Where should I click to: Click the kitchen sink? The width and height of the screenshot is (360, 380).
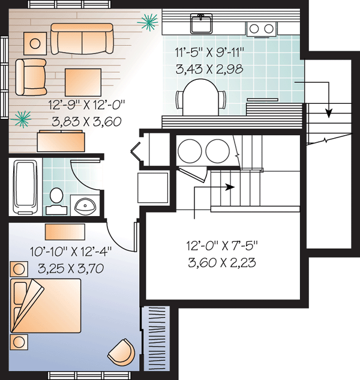pos(201,23)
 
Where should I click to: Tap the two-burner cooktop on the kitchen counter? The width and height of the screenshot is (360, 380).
pos(262,29)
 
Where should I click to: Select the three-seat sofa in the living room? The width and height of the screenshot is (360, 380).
pos(82,38)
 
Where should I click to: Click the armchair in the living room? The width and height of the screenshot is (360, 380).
pos(31,77)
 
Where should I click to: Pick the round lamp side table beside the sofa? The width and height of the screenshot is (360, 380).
pos(35,44)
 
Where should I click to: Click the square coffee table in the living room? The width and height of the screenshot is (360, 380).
pos(83,82)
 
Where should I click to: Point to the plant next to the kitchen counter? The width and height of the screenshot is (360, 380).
pos(148,22)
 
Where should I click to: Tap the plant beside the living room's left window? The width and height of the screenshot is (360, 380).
pos(22,119)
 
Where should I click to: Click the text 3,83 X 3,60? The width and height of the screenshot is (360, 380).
pos(86,122)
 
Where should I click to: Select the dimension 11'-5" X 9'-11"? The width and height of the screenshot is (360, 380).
pos(209,52)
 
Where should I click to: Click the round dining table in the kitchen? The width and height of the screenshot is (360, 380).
pos(200,97)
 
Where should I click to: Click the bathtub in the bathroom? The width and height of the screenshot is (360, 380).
pos(25,187)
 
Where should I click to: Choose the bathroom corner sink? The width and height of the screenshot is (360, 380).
pos(85,206)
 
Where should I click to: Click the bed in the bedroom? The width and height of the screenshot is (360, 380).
pos(46,306)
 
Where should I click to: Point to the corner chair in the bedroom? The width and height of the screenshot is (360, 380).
pos(122,352)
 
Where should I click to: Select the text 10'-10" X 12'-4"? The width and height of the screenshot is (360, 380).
pos(71,252)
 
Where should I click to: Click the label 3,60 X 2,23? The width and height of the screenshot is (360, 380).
pos(222,263)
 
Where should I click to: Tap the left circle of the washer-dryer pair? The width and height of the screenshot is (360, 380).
pos(190,151)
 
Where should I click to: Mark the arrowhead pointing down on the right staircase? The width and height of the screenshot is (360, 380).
pos(329,113)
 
